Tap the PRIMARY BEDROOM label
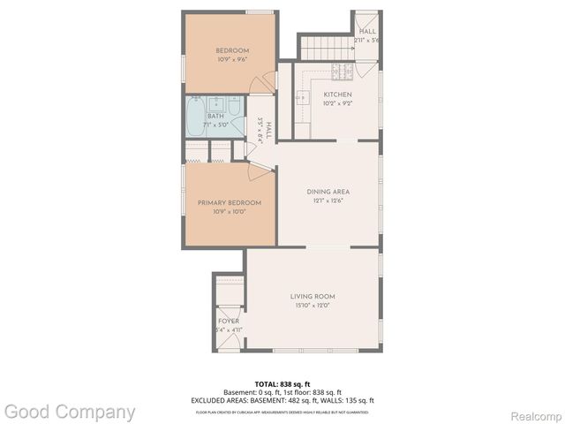(x=230, y=202)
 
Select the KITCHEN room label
(x=337, y=95)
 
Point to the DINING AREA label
(x=328, y=192)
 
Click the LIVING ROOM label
(x=313, y=296)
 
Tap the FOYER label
(x=229, y=321)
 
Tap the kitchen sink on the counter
(x=301, y=97)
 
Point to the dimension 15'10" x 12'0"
(x=313, y=306)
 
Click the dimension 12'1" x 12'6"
(x=328, y=201)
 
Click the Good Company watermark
(x=70, y=411)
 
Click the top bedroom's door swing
(x=261, y=84)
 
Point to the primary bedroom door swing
(x=260, y=170)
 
